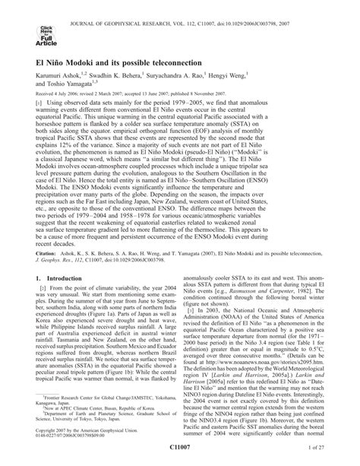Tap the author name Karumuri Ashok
pos(61,97)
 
